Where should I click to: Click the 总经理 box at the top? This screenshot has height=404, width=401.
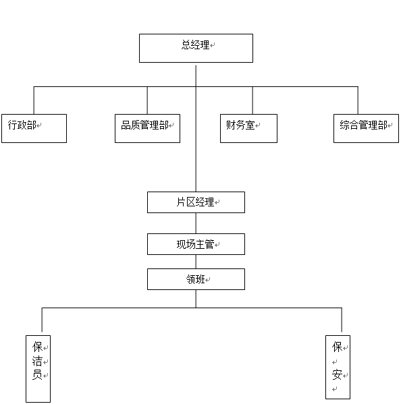coord(196,48)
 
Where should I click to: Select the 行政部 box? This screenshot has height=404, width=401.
coord(34,128)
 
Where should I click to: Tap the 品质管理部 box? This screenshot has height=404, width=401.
coord(148,128)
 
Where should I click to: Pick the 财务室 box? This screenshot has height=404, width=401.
coord(248,128)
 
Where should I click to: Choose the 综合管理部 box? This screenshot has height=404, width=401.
coord(366,128)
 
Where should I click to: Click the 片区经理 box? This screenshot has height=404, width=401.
coord(196,202)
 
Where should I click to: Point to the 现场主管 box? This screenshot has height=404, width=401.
coord(196,244)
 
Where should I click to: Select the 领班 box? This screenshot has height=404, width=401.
coord(196,279)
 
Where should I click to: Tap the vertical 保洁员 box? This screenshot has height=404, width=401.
coord(38,369)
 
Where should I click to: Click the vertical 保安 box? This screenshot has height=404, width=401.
coord(338,367)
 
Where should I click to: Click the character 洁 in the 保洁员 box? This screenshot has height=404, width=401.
coord(37,361)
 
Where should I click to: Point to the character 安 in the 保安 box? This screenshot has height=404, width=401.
coord(337,374)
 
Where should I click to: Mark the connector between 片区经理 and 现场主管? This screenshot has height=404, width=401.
coord(196,223)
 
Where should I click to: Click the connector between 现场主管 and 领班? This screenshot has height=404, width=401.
coord(196,262)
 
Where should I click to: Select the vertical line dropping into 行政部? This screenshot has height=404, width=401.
coord(34,100)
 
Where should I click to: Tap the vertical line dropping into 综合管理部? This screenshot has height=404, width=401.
coord(358,100)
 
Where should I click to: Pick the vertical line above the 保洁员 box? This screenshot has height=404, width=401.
coord(42,320)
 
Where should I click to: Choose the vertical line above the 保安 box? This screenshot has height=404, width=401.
coord(342,320)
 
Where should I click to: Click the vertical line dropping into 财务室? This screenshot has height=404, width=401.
coord(252,100)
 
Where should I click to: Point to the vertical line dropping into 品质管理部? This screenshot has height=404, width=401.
coord(147,100)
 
